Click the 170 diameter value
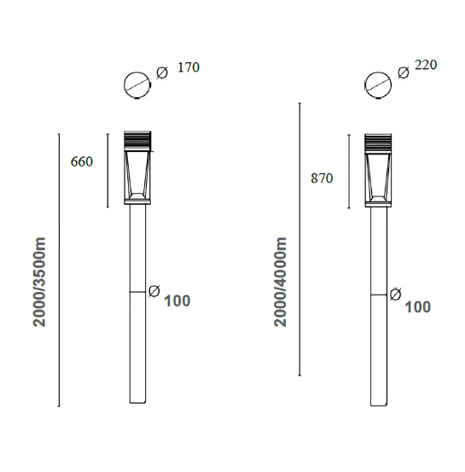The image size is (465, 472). click(189, 67)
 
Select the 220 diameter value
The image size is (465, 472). click(426, 65)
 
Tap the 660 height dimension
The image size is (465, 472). click(82, 161)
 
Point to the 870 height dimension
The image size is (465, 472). click(322, 178)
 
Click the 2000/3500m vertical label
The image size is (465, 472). click(39, 282)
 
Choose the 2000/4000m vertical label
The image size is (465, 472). click(280, 282)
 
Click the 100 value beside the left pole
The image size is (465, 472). click(177, 301)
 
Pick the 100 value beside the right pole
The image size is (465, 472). click(418, 307)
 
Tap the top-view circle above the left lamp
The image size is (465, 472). click(137, 73)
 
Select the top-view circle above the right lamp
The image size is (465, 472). click(378, 73)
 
